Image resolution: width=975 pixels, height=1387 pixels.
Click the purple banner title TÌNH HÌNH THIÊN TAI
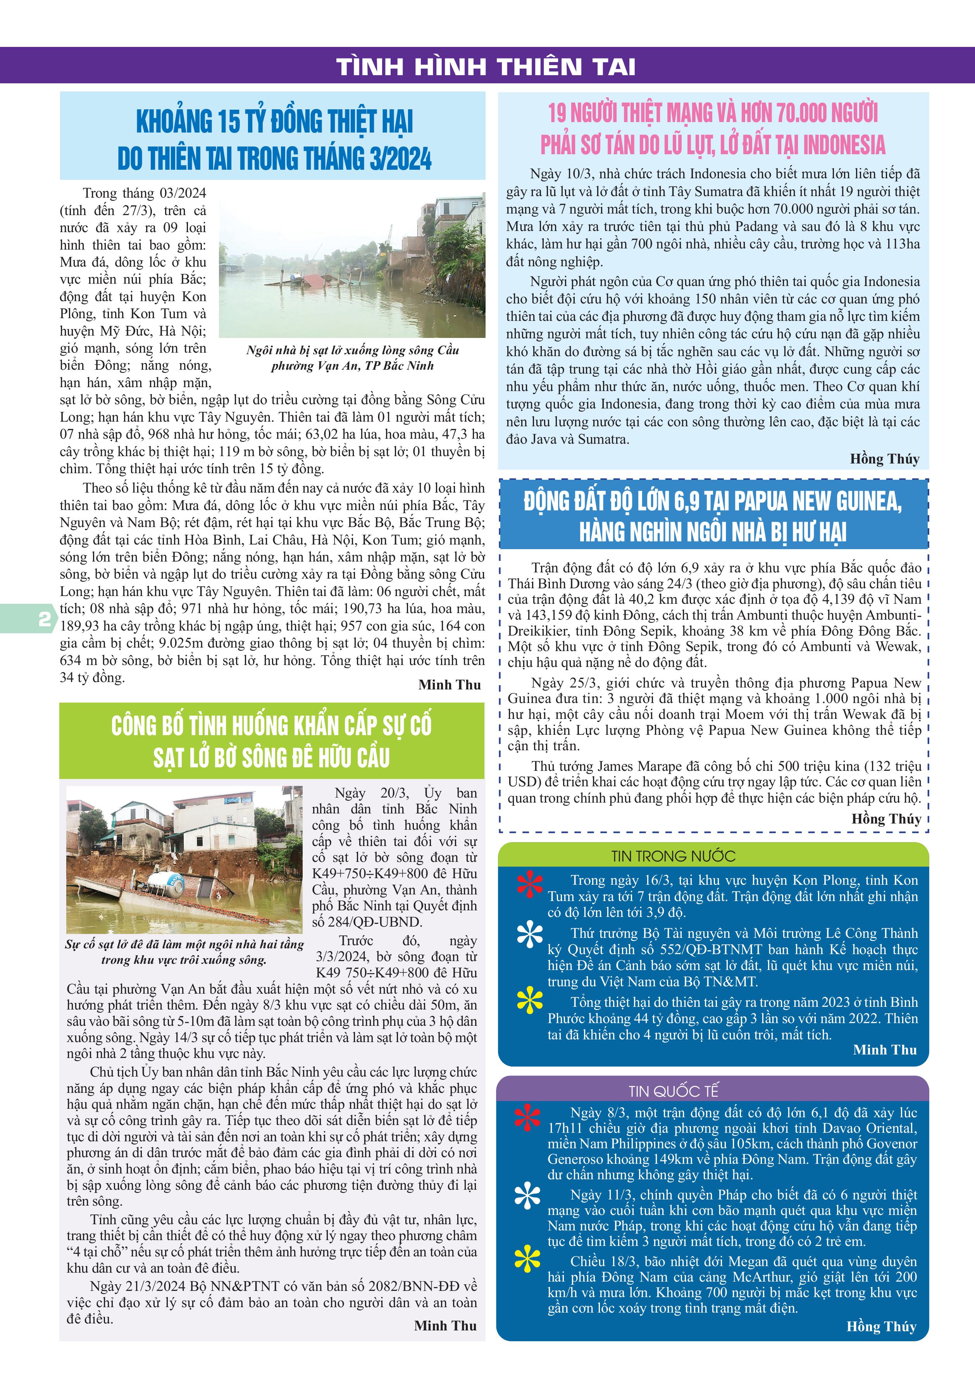tap(486, 66)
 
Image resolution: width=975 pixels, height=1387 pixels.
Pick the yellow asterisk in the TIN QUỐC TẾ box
tap(527, 1259)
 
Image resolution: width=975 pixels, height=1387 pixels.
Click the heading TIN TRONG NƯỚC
tap(673, 856)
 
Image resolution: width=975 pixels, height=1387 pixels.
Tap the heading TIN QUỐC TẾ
tap(674, 1091)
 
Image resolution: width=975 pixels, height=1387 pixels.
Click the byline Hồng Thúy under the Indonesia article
tap(884, 459)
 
